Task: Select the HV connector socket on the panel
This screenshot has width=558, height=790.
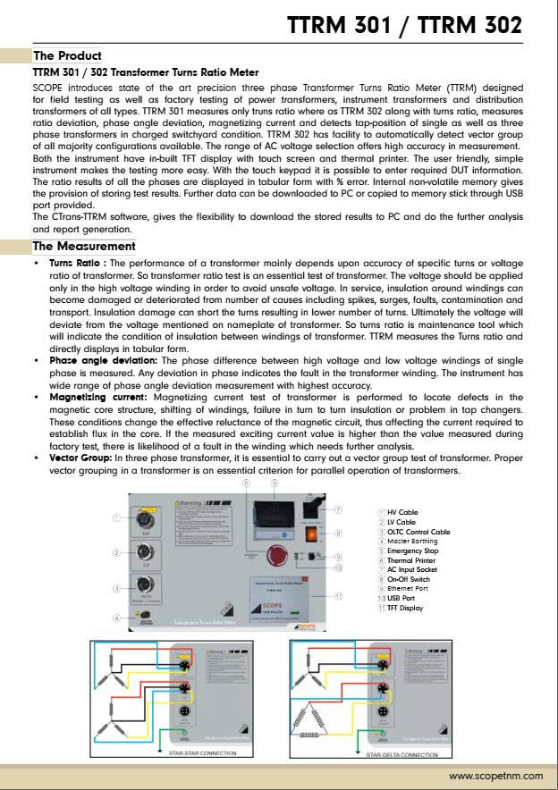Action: tap(144, 518)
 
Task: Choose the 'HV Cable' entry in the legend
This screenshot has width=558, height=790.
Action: tap(400, 511)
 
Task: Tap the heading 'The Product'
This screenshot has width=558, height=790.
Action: tap(67, 55)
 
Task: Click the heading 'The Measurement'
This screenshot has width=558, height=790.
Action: tap(84, 246)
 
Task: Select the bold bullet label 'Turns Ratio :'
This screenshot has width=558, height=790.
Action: tap(78, 265)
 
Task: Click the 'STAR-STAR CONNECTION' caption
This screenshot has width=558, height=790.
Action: tap(202, 753)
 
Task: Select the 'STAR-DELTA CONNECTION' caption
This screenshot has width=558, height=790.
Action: tap(402, 753)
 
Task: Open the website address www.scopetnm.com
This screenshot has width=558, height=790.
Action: tap(495, 776)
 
